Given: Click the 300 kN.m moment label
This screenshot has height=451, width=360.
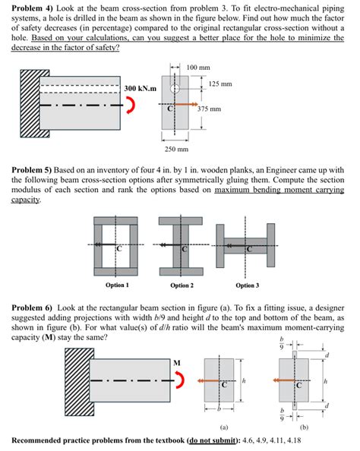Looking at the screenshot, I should point(141,89).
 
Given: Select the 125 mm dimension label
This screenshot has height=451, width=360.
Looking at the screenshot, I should point(219,84).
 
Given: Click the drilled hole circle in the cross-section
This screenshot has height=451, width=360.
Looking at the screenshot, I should point(176,88).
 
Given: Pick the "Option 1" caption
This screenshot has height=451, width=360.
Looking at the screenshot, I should point(116,285).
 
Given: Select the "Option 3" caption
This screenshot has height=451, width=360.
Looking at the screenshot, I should point(247,285).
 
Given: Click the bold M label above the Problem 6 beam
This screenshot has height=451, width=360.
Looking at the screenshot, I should point(177,361).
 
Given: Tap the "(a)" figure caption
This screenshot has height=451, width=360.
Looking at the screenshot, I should point(224,427).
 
